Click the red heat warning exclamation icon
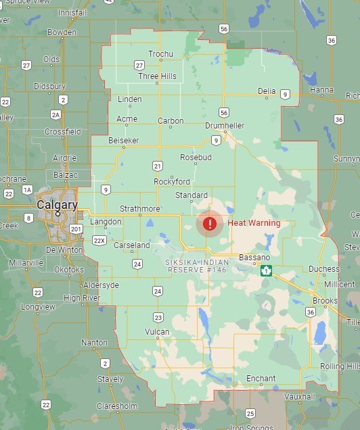tap(210, 223)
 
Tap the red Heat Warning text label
tap(254, 223)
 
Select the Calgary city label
tap(57, 204)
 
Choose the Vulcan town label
tap(157, 331)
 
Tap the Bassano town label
tap(254, 258)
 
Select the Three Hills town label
tap(157, 76)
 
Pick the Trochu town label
tap(161, 54)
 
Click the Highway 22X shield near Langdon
tap(99, 240)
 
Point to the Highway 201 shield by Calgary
tap(76, 229)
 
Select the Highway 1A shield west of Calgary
tap(27, 190)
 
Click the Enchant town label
tap(261, 379)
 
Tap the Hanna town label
tap(321, 89)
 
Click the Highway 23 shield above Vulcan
tap(158, 317)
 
